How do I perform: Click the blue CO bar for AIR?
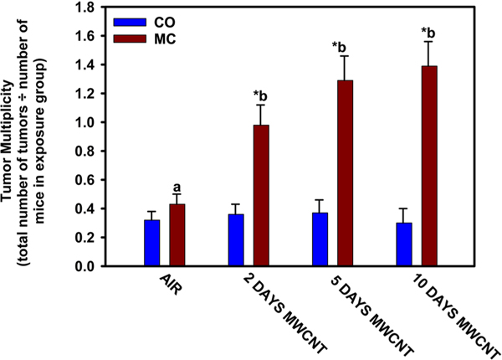[152, 243]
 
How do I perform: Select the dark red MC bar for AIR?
[177, 235]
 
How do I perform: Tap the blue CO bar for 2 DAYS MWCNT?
[236, 240]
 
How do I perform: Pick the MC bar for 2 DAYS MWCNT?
[261, 196]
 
